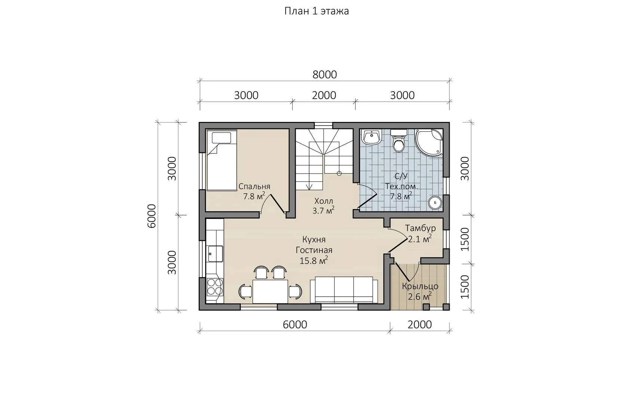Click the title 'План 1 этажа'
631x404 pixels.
tap(317, 11)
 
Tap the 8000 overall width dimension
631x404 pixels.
tap(324, 75)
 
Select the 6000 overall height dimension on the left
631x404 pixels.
tap(152, 216)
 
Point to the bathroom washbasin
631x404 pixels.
tap(372, 138)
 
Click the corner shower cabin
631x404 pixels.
tap(429, 143)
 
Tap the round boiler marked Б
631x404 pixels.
tap(435, 202)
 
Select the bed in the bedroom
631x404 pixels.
tap(222, 160)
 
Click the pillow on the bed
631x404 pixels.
tap(221, 138)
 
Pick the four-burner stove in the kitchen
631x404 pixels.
tap(215, 287)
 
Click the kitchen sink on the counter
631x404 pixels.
tap(215, 254)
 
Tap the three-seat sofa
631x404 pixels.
tap(344, 290)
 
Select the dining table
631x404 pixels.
tap(270, 291)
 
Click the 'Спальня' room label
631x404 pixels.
tap(254, 187)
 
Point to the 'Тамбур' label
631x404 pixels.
tap(420, 228)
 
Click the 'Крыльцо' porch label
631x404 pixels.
tap(420, 287)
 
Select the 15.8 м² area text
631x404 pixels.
tap(314, 260)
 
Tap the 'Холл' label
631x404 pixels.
tap(324, 201)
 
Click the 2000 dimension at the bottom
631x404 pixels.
tap(420, 325)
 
